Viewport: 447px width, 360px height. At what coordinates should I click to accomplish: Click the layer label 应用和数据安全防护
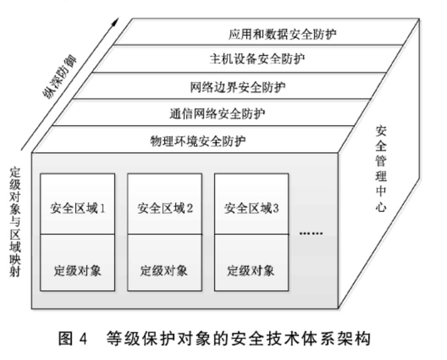[283, 34]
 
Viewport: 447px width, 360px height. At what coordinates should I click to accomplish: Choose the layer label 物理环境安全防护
[198, 140]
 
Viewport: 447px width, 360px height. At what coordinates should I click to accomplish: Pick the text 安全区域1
[77, 208]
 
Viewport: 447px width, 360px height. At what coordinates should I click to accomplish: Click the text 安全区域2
[165, 208]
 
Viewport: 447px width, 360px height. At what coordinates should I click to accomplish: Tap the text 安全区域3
[252, 208]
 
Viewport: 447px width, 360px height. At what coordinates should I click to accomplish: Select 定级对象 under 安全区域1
[77, 270]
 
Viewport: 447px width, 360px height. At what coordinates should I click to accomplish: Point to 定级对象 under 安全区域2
[164, 270]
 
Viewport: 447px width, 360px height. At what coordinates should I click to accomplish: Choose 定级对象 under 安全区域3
[251, 270]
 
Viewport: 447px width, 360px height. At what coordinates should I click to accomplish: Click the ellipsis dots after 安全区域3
[311, 233]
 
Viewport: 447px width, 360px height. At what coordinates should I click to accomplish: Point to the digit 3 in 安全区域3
[276, 208]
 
